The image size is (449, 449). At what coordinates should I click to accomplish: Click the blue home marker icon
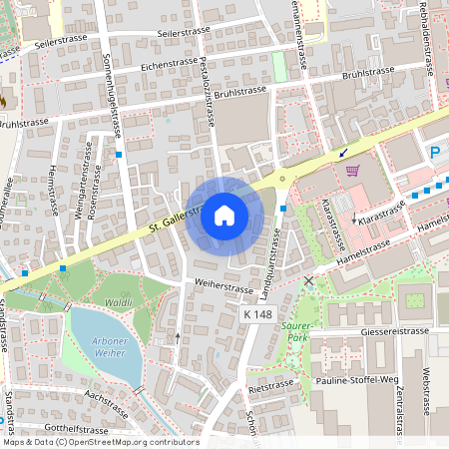(224, 215)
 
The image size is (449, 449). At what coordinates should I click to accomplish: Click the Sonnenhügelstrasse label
(112, 96)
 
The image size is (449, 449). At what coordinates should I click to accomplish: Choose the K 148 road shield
(257, 314)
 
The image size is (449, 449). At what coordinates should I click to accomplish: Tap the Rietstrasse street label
(270, 383)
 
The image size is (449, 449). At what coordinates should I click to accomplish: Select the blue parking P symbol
(435, 153)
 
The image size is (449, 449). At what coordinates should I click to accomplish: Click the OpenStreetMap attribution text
(103, 441)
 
